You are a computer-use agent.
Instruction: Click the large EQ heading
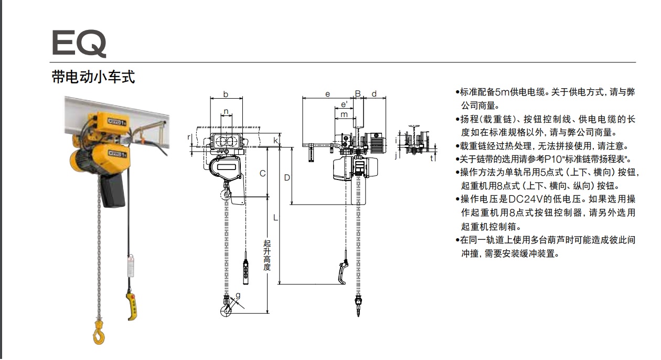coord(79,43)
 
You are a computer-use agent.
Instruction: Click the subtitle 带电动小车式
coord(93,78)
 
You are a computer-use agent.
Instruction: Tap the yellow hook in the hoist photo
coord(98,332)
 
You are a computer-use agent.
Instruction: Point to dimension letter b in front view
coord(226,94)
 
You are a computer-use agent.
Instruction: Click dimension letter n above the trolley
coord(226,111)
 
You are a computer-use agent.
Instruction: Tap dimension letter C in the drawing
coord(262,173)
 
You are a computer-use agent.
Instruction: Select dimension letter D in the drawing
coord(287,177)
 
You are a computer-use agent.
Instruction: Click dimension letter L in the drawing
coord(275,216)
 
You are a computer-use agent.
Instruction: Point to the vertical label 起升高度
coord(267,255)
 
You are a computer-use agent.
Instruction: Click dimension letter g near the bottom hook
coord(238,295)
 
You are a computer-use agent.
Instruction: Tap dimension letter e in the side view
coord(327,94)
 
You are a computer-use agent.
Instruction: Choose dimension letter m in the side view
coord(344,114)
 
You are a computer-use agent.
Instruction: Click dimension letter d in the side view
coord(374,94)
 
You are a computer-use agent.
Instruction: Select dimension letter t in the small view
coord(432,157)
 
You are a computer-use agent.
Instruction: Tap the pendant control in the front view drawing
coord(246,271)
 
